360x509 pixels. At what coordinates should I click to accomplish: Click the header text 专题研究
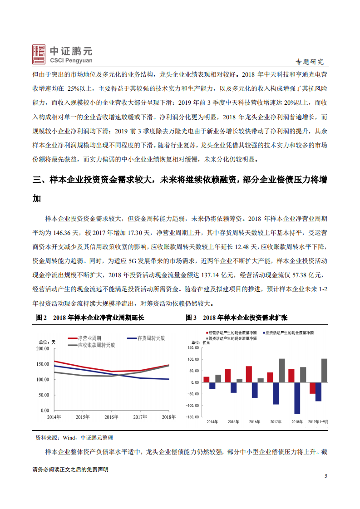(x=310, y=62)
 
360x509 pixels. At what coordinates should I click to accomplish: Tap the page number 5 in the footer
(x=325, y=476)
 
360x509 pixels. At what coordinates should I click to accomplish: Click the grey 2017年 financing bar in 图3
(x=282, y=370)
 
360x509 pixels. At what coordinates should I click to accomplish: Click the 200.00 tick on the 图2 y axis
(x=42, y=348)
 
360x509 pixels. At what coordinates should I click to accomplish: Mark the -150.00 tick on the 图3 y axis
(x=193, y=417)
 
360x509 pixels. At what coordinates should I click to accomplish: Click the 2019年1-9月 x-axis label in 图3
(x=318, y=421)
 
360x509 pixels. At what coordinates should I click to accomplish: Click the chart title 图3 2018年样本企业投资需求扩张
(x=237, y=318)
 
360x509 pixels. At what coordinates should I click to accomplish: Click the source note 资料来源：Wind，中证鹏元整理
(x=74, y=438)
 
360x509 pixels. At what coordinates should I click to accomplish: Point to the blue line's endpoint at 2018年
(x=168, y=379)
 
